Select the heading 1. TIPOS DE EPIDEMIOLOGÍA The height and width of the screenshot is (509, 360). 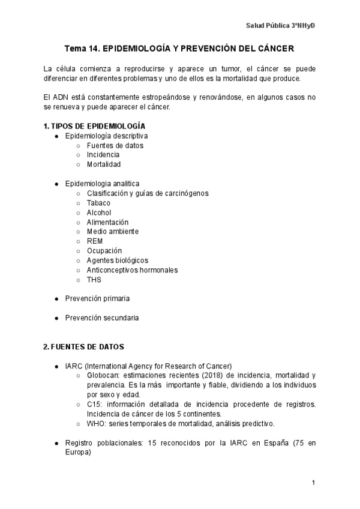(x=94, y=126)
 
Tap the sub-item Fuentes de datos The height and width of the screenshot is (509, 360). (x=115, y=145)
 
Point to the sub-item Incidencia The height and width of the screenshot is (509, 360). (x=103, y=155)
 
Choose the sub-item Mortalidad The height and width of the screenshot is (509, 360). (x=103, y=164)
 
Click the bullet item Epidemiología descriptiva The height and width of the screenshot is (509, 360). (x=106, y=136)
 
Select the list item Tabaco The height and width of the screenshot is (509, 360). (x=98, y=203)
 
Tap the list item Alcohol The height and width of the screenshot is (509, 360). (x=98, y=212)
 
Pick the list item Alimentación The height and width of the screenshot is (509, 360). (x=107, y=222)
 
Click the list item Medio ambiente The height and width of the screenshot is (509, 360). (x=112, y=231)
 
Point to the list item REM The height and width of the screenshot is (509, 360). (x=95, y=241)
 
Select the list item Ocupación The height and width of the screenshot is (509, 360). (x=104, y=250)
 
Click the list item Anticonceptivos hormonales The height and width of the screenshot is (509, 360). (x=132, y=270)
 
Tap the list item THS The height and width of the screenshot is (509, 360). (x=94, y=279)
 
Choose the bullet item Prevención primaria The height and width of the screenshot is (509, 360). (x=97, y=298)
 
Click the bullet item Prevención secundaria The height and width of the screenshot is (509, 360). (x=102, y=318)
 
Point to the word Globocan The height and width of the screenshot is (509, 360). (x=103, y=375)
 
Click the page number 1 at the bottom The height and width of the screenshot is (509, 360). (x=313, y=483)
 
